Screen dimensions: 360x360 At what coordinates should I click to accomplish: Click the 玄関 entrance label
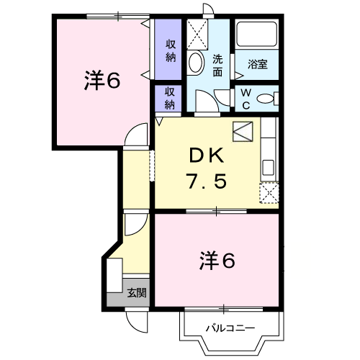(x=137, y=292)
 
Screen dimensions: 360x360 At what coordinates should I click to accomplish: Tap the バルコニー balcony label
(x=230, y=328)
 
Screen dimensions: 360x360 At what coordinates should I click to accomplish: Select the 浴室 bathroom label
(x=258, y=64)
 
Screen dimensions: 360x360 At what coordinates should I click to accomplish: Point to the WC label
(x=246, y=99)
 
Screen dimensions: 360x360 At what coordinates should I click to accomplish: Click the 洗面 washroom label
(x=217, y=66)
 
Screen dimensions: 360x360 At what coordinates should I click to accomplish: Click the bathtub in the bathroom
(x=257, y=34)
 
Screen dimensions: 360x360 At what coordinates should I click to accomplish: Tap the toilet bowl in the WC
(x=265, y=99)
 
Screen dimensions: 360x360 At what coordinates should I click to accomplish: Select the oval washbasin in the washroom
(x=196, y=62)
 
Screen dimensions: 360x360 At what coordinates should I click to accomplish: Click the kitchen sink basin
(x=268, y=168)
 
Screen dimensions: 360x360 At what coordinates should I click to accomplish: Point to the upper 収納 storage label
(x=171, y=51)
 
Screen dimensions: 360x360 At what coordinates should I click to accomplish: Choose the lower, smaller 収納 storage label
(x=170, y=99)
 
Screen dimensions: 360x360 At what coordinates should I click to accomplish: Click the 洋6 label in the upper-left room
(x=102, y=81)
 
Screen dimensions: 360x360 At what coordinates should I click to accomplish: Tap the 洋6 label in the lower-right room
(x=217, y=261)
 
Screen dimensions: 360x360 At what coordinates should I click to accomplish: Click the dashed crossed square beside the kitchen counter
(x=269, y=193)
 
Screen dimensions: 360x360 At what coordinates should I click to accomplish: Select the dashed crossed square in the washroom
(x=197, y=35)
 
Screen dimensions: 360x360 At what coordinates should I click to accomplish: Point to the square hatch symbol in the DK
(x=243, y=132)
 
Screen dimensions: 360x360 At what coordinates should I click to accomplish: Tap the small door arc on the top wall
(x=208, y=9)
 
